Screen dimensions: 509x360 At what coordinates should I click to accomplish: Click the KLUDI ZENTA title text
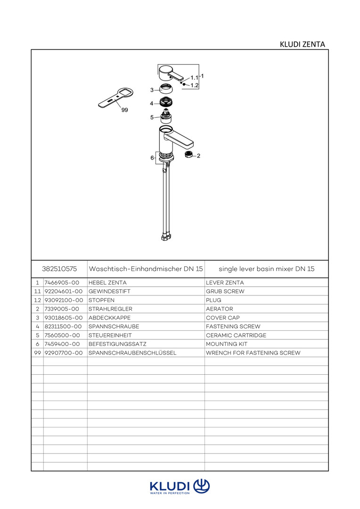302,44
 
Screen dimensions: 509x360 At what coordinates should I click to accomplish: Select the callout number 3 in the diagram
152,90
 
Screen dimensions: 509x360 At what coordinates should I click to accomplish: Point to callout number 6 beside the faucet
152,158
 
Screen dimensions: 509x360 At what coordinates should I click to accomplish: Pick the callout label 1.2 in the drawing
195,85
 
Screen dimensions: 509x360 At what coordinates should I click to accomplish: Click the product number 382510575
59,269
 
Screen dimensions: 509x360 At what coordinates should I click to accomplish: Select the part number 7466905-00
62,283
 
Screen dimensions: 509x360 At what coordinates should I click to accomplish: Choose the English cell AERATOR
220,309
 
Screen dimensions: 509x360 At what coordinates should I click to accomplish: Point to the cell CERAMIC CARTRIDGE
236,335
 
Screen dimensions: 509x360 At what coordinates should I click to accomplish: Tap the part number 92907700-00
64,353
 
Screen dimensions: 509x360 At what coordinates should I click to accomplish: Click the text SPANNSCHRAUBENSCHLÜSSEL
132,353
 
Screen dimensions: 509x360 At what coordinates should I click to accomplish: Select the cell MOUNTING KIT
227,344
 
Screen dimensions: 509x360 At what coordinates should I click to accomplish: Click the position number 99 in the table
37,353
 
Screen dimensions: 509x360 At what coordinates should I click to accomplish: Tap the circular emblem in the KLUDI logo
202,485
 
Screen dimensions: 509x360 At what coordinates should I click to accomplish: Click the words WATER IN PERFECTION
170,493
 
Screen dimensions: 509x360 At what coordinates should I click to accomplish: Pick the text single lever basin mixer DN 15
266,269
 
